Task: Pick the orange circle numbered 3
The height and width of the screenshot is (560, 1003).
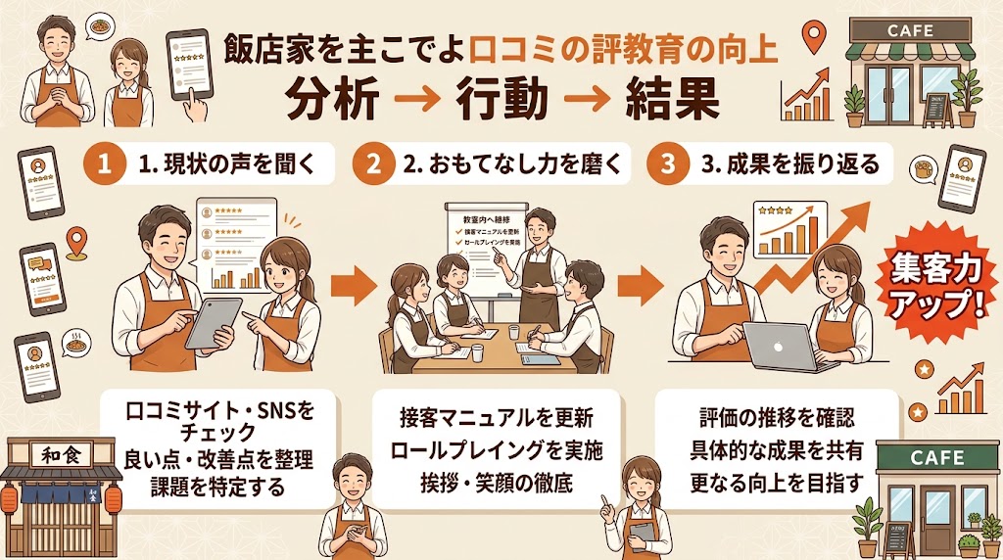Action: click(669, 164)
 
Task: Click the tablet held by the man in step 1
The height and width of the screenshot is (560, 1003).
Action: click(213, 322)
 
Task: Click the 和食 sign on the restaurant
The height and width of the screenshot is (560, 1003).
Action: click(53, 455)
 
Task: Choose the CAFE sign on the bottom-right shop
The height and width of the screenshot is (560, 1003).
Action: click(937, 457)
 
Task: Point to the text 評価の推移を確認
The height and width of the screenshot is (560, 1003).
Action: click(777, 419)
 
